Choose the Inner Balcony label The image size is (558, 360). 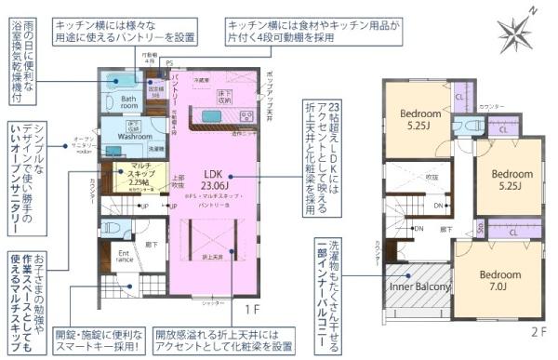tap(420, 286)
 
